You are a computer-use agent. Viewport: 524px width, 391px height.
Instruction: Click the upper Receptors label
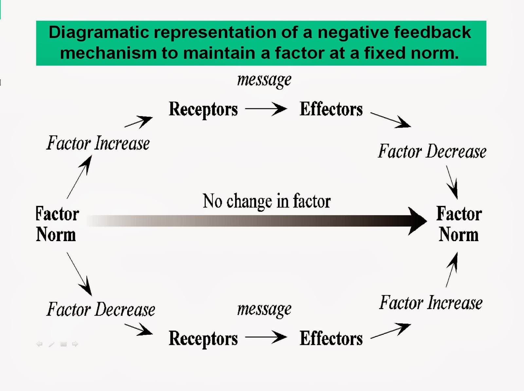(x=203, y=109)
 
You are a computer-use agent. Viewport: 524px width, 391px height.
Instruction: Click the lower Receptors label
(x=203, y=338)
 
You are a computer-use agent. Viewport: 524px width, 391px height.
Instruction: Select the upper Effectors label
(x=331, y=109)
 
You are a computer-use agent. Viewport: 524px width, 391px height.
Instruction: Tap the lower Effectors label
(x=331, y=338)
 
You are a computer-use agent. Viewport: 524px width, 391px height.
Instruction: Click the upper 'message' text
(x=264, y=80)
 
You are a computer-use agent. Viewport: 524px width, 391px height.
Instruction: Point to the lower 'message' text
(x=264, y=309)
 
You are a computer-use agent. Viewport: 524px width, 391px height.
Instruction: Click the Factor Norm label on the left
(x=57, y=224)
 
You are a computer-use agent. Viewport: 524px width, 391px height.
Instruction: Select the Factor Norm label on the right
(x=459, y=224)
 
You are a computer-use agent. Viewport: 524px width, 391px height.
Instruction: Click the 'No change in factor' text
(x=267, y=201)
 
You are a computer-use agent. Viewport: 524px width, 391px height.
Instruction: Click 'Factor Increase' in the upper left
(x=98, y=143)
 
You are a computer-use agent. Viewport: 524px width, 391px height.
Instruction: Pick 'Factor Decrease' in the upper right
(x=432, y=151)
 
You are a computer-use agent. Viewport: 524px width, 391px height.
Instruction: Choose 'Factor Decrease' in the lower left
(x=101, y=310)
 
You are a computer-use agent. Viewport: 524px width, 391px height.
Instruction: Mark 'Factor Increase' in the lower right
(x=431, y=303)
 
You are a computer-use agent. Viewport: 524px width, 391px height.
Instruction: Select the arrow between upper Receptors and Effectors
(x=266, y=109)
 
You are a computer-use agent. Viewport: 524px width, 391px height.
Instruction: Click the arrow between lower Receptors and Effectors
(x=266, y=337)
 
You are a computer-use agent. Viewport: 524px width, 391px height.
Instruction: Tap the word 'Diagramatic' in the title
(x=98, y=32)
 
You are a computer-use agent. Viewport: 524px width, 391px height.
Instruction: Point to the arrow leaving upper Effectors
(x=390, y=120)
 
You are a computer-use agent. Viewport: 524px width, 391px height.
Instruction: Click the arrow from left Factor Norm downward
(x=79, y=274)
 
